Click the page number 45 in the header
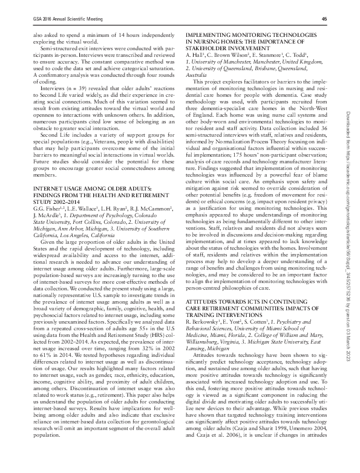point(324,19)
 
